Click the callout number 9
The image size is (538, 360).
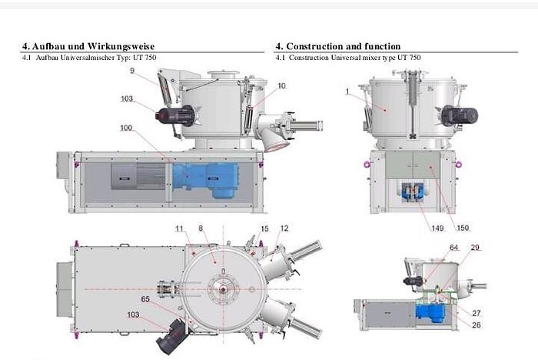[132, 71]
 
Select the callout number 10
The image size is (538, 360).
[282, 86]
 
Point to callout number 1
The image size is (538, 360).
[347, 92]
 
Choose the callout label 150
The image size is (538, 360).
[463, 228]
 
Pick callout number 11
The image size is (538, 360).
[179, 229]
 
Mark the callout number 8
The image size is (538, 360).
[201, 229]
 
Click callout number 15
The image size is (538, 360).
[265, 229]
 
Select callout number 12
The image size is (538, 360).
[284, 229]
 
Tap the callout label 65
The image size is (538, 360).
[146, 297]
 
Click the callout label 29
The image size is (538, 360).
[475, 247]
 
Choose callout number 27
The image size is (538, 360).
[476, 312]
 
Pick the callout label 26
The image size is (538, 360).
[476, 324]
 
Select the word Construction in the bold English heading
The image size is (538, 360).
[315, 46]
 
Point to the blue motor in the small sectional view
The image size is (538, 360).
[427, 312]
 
